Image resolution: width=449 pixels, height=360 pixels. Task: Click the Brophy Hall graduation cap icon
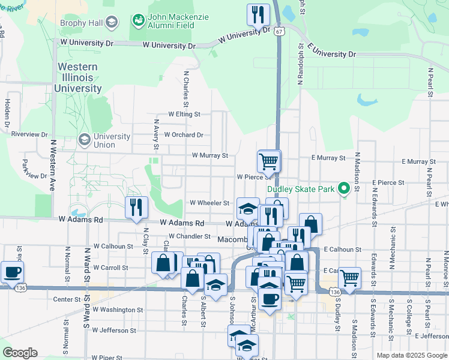pyautogui.click(x=110, y=23)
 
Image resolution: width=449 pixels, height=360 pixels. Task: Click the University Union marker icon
pyautogui.click(x=85, y=140)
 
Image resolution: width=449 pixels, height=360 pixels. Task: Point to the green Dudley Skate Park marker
pyautogui.click(x=344, y=189)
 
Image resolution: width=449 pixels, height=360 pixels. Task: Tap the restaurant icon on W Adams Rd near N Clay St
pyautogui.click(x=136, y=207)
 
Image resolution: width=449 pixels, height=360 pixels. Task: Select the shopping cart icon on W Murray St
pyautogui.click(x=268, y=160)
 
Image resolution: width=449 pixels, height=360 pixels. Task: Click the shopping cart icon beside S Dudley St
pyautogui.click(x=349, y=278)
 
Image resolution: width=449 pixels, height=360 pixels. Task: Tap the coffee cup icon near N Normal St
pyautogui.click(x=12, y=271)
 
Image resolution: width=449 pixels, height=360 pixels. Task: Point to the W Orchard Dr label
pyautogui.click(x=183, y=135)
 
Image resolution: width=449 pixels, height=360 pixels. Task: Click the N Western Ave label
pyautogui.click(x=53, y=165)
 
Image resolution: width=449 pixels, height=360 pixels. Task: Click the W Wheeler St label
pyautogui.click(x=210, y=203)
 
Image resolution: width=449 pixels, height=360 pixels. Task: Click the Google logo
pyautogui.click(x=20, y=353)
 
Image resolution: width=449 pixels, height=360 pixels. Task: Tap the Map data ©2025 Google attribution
pyautogui.click(x=411, y=355)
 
